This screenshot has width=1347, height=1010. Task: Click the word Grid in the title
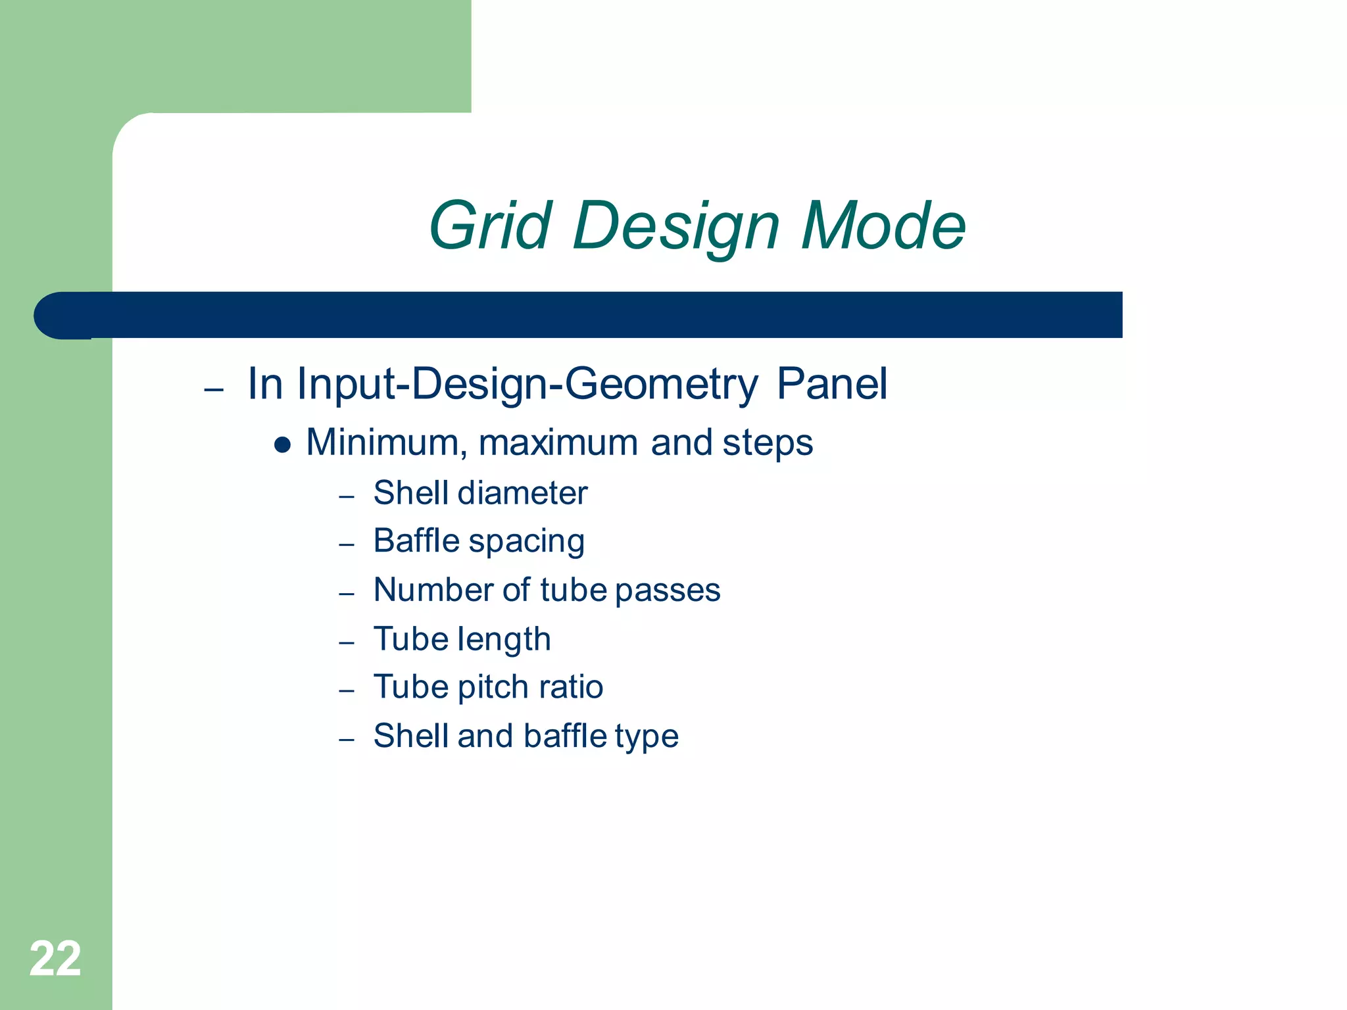click(490, 226)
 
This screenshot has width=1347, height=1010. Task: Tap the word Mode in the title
click(883, 226)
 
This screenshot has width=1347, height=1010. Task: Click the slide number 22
click(55, 959)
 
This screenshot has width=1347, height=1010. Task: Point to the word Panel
click(832, 384)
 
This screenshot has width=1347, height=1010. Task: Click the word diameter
click(522, 493)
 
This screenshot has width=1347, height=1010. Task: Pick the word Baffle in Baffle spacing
click(416, 541)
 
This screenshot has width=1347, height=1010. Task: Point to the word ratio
click(571, 687)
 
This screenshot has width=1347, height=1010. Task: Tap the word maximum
click(558, 443)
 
